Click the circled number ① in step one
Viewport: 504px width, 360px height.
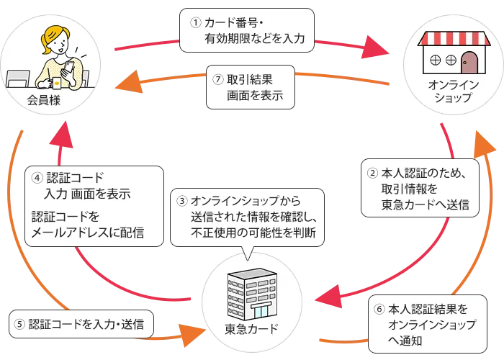194,22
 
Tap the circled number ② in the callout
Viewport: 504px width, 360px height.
373,174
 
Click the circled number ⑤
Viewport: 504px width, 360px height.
20,325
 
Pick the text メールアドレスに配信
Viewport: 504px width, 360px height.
87,232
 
